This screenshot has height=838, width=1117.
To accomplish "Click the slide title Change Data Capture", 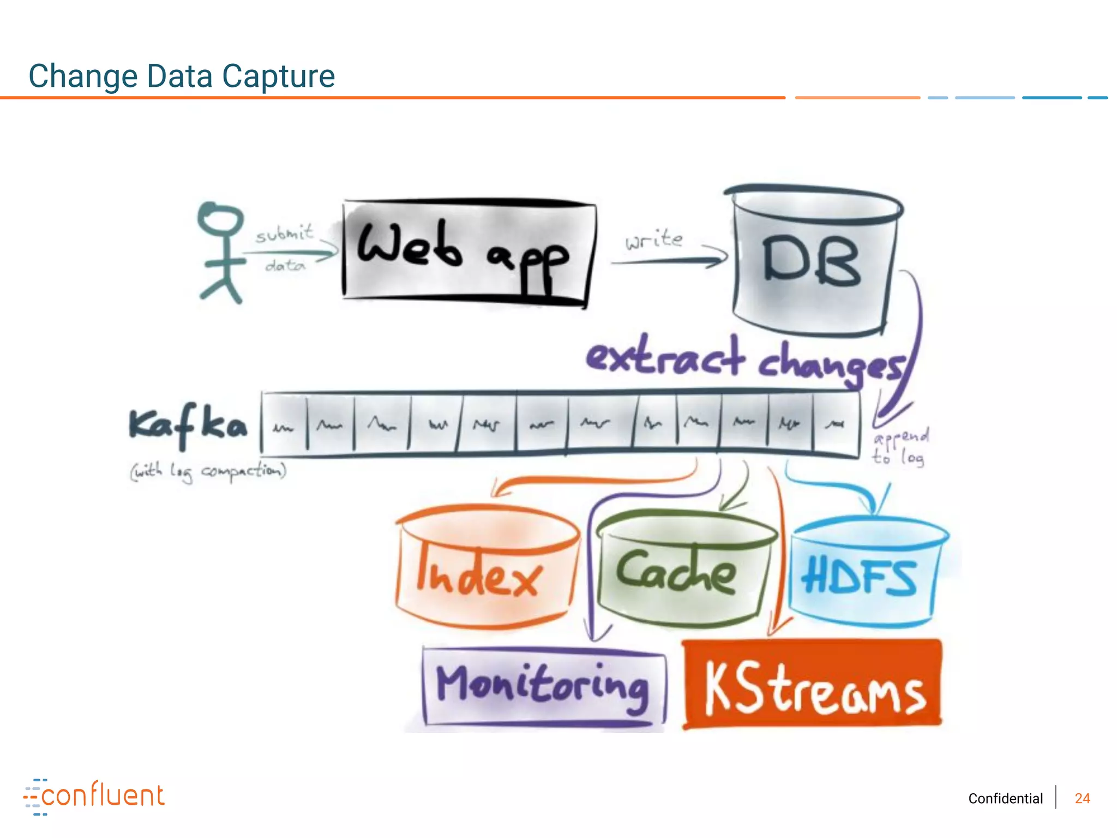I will [182, 76].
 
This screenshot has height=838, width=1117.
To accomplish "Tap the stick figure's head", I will [220, 219].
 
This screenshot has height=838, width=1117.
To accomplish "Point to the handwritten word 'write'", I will [654, 240].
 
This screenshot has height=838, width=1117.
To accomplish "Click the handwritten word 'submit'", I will [285, 234].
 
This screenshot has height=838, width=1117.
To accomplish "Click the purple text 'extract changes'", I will [744, 360].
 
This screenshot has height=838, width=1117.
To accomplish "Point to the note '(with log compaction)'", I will [208, 471].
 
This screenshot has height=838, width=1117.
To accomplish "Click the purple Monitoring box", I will [543, 686].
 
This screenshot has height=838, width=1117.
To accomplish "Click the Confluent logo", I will [94, 796].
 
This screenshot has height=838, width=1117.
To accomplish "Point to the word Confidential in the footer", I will [1005, 799].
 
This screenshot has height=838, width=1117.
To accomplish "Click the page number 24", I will [1082, 799].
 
